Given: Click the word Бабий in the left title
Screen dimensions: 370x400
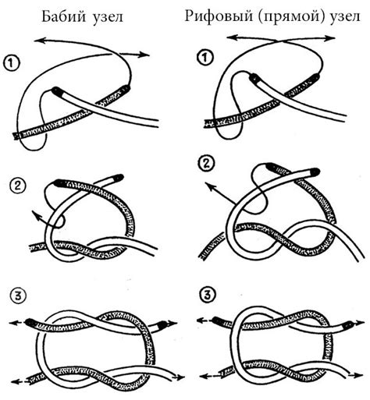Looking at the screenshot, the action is (63, 16).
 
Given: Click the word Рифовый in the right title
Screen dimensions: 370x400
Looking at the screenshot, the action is (219, 16).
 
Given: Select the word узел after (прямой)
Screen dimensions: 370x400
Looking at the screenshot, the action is (345, 16).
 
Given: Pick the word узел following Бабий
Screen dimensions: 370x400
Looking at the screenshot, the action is (108, 17).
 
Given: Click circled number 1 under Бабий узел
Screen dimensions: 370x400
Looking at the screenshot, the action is (11, 63).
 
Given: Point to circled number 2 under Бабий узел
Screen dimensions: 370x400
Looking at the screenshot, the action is (17, 186).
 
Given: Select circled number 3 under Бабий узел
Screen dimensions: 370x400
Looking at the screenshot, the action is (18, 296).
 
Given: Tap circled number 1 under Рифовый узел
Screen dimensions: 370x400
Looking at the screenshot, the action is (205, 58).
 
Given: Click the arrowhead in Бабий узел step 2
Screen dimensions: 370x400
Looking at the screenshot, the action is (37, 216).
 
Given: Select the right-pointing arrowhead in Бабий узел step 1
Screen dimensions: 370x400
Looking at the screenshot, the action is (144, 55).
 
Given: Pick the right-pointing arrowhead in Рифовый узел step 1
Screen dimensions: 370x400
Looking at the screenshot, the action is (329, 38).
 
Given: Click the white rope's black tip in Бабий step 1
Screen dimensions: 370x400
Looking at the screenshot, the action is (57, 91).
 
